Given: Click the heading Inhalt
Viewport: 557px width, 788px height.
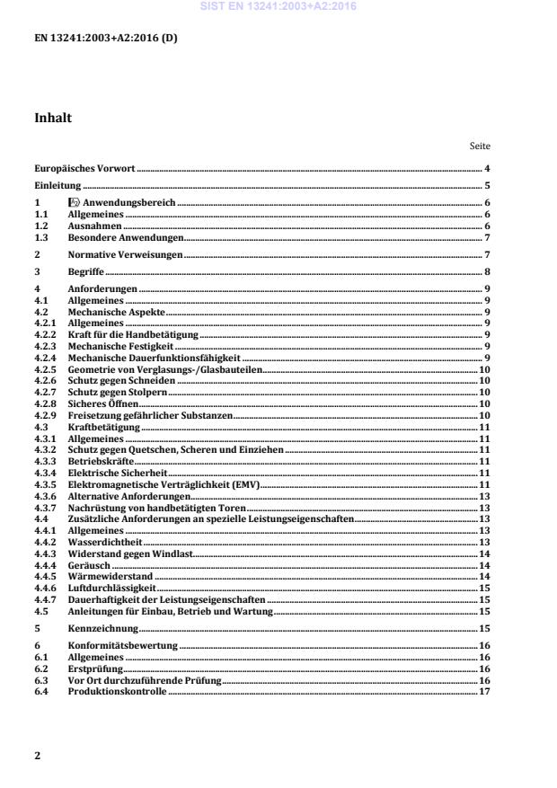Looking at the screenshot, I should [x=53, y=118].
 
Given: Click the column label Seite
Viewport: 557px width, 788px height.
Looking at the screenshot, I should [x=480, y=145].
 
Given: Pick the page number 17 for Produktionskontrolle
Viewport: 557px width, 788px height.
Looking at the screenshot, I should [x=484, y=692].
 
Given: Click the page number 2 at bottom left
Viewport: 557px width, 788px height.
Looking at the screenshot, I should [x=37, y=756].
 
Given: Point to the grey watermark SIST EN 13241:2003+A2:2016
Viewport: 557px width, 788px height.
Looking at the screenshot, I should [x=279, y=6].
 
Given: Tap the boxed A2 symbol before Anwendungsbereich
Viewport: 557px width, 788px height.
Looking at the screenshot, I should [x=75, y=203].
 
